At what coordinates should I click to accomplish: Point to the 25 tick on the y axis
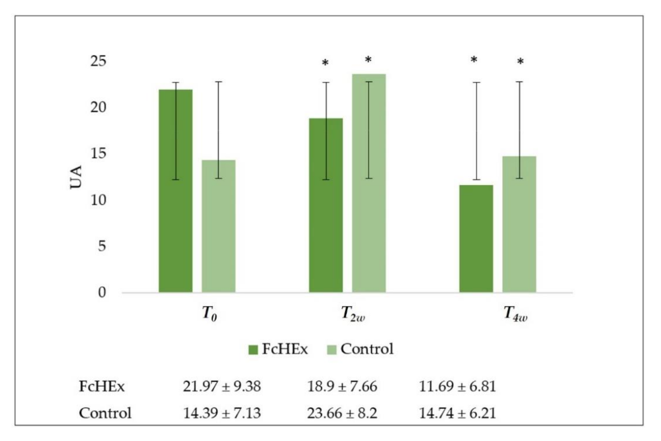pos(98,61)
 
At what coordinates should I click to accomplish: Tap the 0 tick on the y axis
pos(102,293)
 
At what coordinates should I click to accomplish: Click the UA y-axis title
pos(76,177)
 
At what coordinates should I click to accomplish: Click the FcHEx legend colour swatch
pos(253,350)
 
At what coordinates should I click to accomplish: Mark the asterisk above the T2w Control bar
pos(368,60)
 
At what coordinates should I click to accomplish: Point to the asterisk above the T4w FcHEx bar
pos(474,60)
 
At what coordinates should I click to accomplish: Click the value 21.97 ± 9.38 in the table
pos(222,387)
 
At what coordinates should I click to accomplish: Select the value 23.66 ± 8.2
pos(342,413)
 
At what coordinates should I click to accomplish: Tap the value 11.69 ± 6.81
pos(457,387)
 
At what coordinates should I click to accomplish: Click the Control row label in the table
pos(105,413)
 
